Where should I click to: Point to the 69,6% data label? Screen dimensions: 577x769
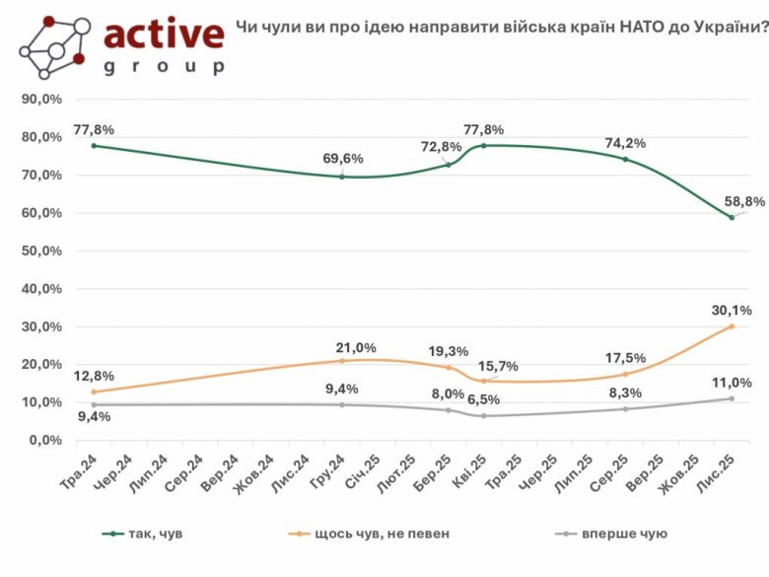pyautogui.click(x=342, y=158)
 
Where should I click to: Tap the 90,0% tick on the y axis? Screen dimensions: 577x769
pyautogui.click(x=41, y=99)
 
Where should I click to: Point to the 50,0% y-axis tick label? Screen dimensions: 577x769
pyautogui.click(x=41, y=251)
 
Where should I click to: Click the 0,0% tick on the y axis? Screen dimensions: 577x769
pyautogui.click(x=45, y=440)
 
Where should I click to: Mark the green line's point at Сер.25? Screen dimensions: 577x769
pyautogui.click(x=625, y=159)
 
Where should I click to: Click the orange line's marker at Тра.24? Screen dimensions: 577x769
pyautogui.click(x=94, y=392)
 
